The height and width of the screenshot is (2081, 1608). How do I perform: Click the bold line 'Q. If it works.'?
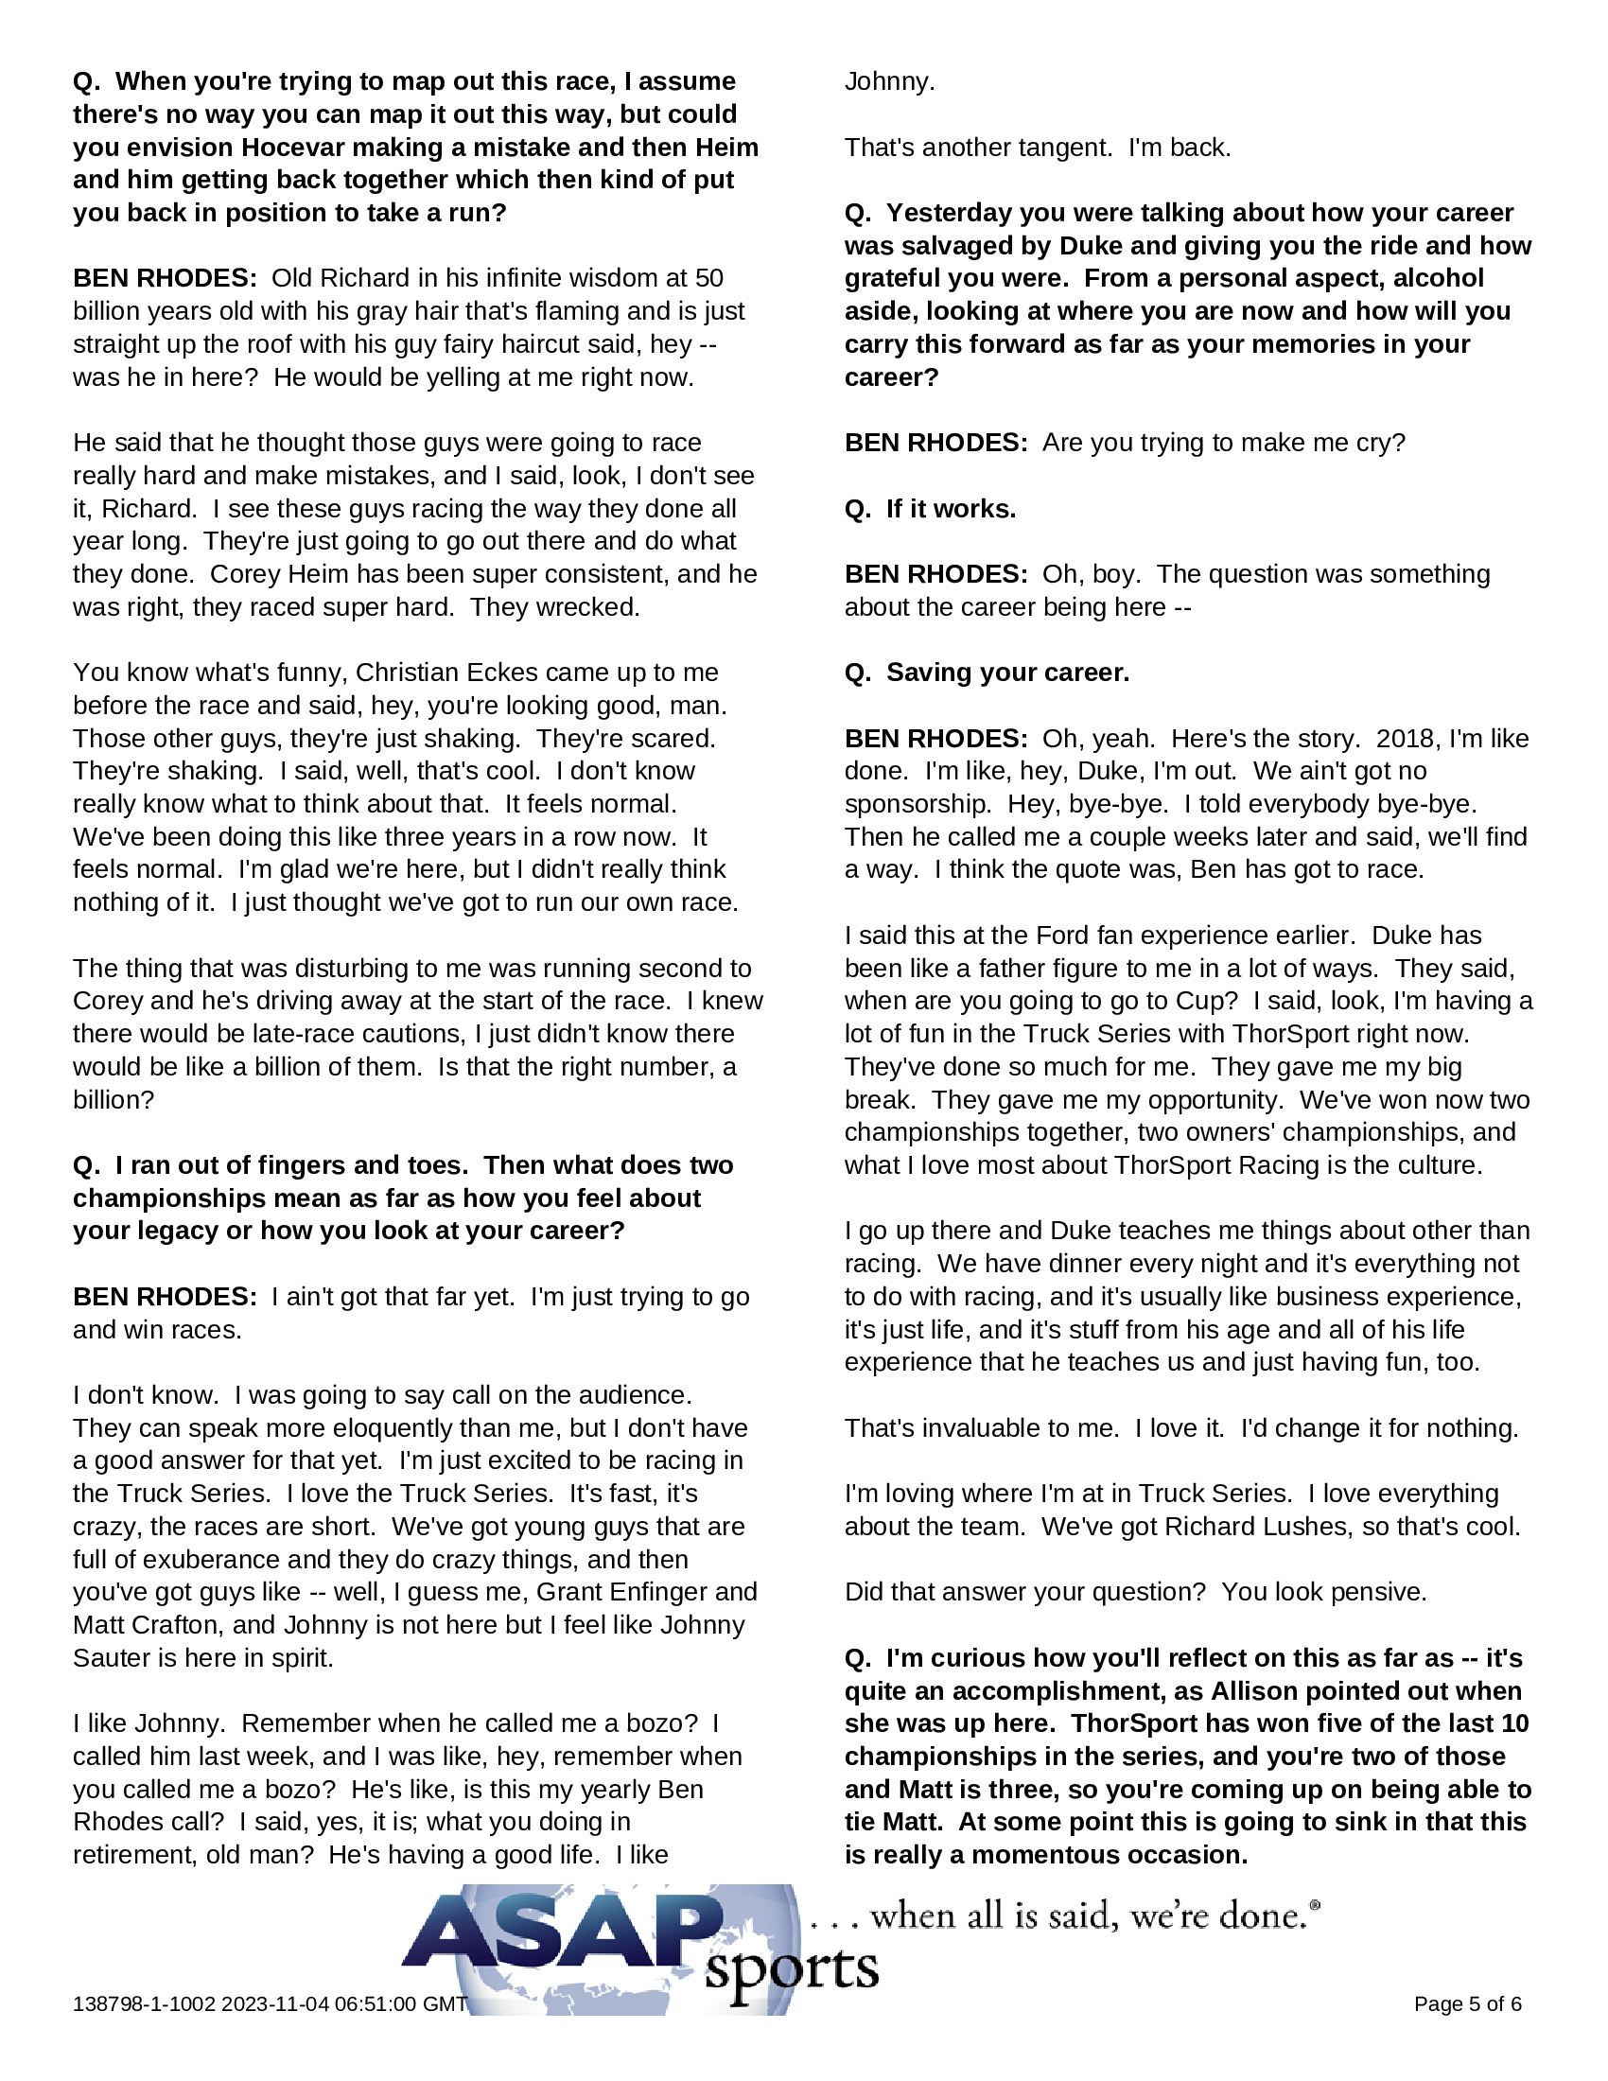(x=930, y=509)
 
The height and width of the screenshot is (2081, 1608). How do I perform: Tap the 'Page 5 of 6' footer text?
(x=1467, y=2003)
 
